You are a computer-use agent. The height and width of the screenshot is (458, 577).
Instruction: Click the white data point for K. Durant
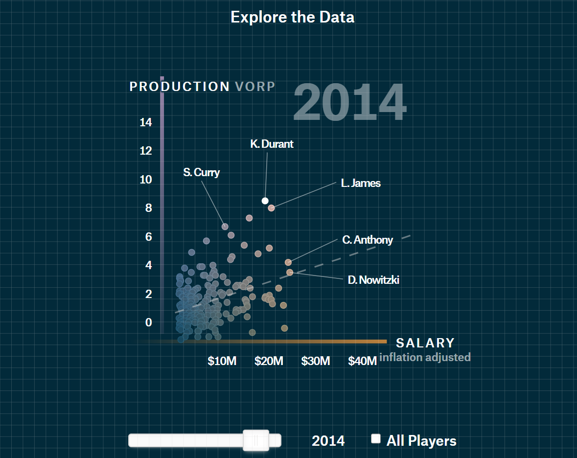[265, 201]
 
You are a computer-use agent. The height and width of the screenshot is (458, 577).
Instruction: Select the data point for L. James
[271, 208]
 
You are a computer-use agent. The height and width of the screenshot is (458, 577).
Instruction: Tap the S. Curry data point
[225, 227]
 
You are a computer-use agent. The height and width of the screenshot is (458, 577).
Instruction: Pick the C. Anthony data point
[288, 262]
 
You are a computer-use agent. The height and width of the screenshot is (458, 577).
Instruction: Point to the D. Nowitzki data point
[290, 272]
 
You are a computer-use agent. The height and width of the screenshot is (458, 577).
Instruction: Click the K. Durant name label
[272, 144]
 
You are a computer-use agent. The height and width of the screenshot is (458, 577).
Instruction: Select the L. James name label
[361, 183]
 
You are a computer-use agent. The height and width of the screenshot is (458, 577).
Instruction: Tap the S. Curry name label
[202, 172]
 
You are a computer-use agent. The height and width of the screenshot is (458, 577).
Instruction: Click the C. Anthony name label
[368, 240]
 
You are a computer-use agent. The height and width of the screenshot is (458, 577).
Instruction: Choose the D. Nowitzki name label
[373, 280]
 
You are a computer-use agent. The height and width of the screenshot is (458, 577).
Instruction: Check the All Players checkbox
[376, 438]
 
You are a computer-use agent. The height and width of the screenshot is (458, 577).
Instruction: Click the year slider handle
[256, 440]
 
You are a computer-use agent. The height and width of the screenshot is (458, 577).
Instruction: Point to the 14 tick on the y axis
[146, 122]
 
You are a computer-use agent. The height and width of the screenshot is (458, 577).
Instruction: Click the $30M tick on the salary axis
[316, 361]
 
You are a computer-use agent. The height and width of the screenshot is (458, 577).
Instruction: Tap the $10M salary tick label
[222, 361]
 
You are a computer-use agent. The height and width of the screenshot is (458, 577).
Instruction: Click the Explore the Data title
[292, 17]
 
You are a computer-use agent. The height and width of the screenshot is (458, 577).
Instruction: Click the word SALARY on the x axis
[425, 343]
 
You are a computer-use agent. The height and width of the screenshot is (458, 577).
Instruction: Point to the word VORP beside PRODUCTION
[255, 87]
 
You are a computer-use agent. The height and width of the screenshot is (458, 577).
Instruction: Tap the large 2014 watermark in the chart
[349, 103]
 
